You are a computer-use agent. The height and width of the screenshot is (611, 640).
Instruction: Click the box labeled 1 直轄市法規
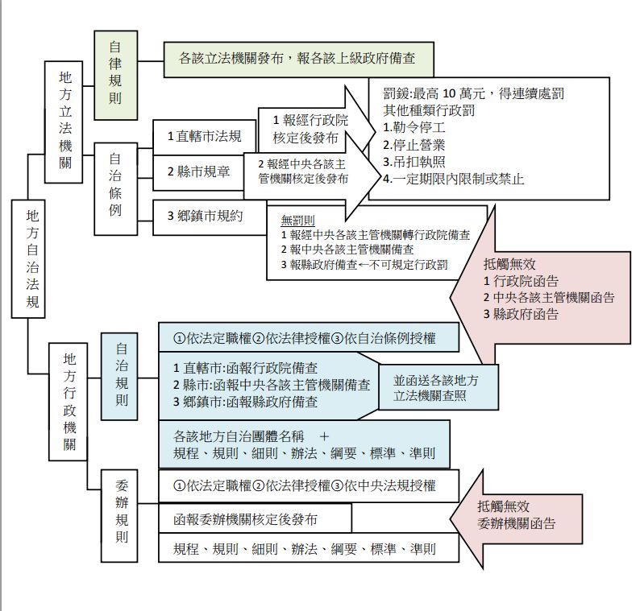pyautogui.click(x=203, y=136)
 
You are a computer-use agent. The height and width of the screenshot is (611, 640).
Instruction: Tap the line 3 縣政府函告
pyautogui.click(x=521, y=315)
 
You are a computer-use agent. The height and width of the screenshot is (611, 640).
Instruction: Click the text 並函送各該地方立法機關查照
pyautogui.click(x=430, y=388)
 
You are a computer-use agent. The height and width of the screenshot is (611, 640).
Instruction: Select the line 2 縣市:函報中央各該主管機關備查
pyautogui.click(x=271, y=385)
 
